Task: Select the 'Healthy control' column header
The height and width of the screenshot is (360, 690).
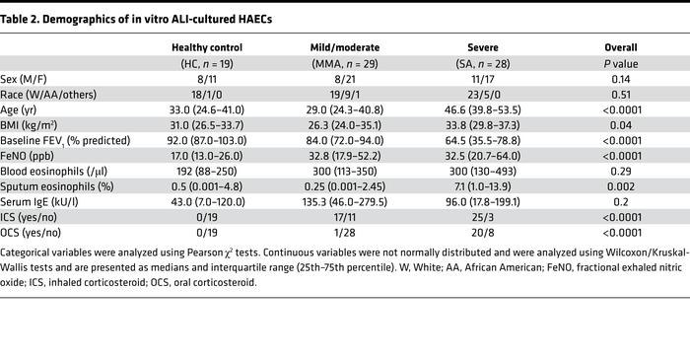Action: tap(204, 46)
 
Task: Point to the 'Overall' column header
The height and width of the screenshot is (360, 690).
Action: tap(620, 46)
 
